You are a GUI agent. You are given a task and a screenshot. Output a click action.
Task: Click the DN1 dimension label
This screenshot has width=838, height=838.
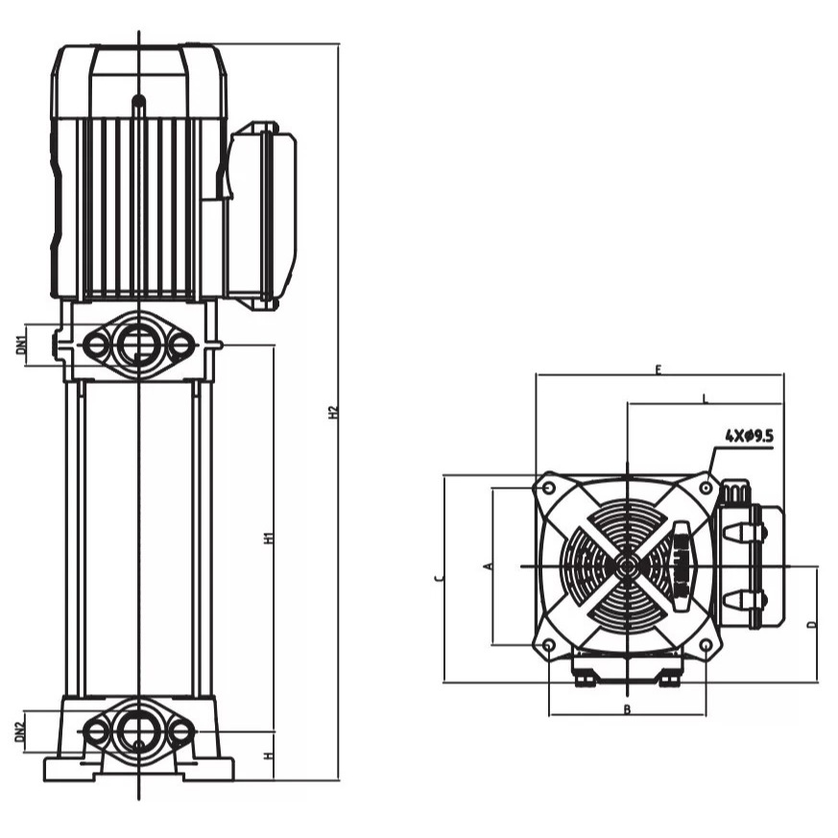click(x=21, y=346)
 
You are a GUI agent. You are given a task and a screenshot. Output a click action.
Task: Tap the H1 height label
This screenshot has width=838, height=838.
click(x=270, y=538)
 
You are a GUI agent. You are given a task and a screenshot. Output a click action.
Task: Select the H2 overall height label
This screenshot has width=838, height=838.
click(x=333, y=412)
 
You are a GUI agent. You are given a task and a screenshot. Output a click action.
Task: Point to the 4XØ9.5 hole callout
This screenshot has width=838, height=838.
click(x=749, y=436)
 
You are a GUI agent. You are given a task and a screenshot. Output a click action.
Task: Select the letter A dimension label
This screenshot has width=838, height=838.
click(x=489, y=566)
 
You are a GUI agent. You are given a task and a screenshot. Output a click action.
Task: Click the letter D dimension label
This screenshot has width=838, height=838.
click(x=811, y=624)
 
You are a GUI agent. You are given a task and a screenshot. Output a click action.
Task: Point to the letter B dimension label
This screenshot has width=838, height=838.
click(x=627, y=709)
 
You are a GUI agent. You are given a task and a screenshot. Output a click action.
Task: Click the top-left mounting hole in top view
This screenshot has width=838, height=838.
click(x=548, y=488)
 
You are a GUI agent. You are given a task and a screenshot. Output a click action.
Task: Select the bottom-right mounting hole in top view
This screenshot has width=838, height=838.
click(x=706, y=645)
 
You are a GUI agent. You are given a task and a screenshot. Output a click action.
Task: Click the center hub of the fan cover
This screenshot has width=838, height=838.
click(x=627, y=566)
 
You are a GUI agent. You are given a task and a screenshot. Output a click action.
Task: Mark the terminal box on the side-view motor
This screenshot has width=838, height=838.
click(x=261, y=214)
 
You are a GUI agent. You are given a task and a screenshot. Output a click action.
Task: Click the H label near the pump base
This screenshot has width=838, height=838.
click(x=270, y=755)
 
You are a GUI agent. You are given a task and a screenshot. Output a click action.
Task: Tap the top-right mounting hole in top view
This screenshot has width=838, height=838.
click(x=706, y=488)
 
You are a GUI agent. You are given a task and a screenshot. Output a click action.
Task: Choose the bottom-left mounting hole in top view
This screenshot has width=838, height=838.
click(x=548, y=645)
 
